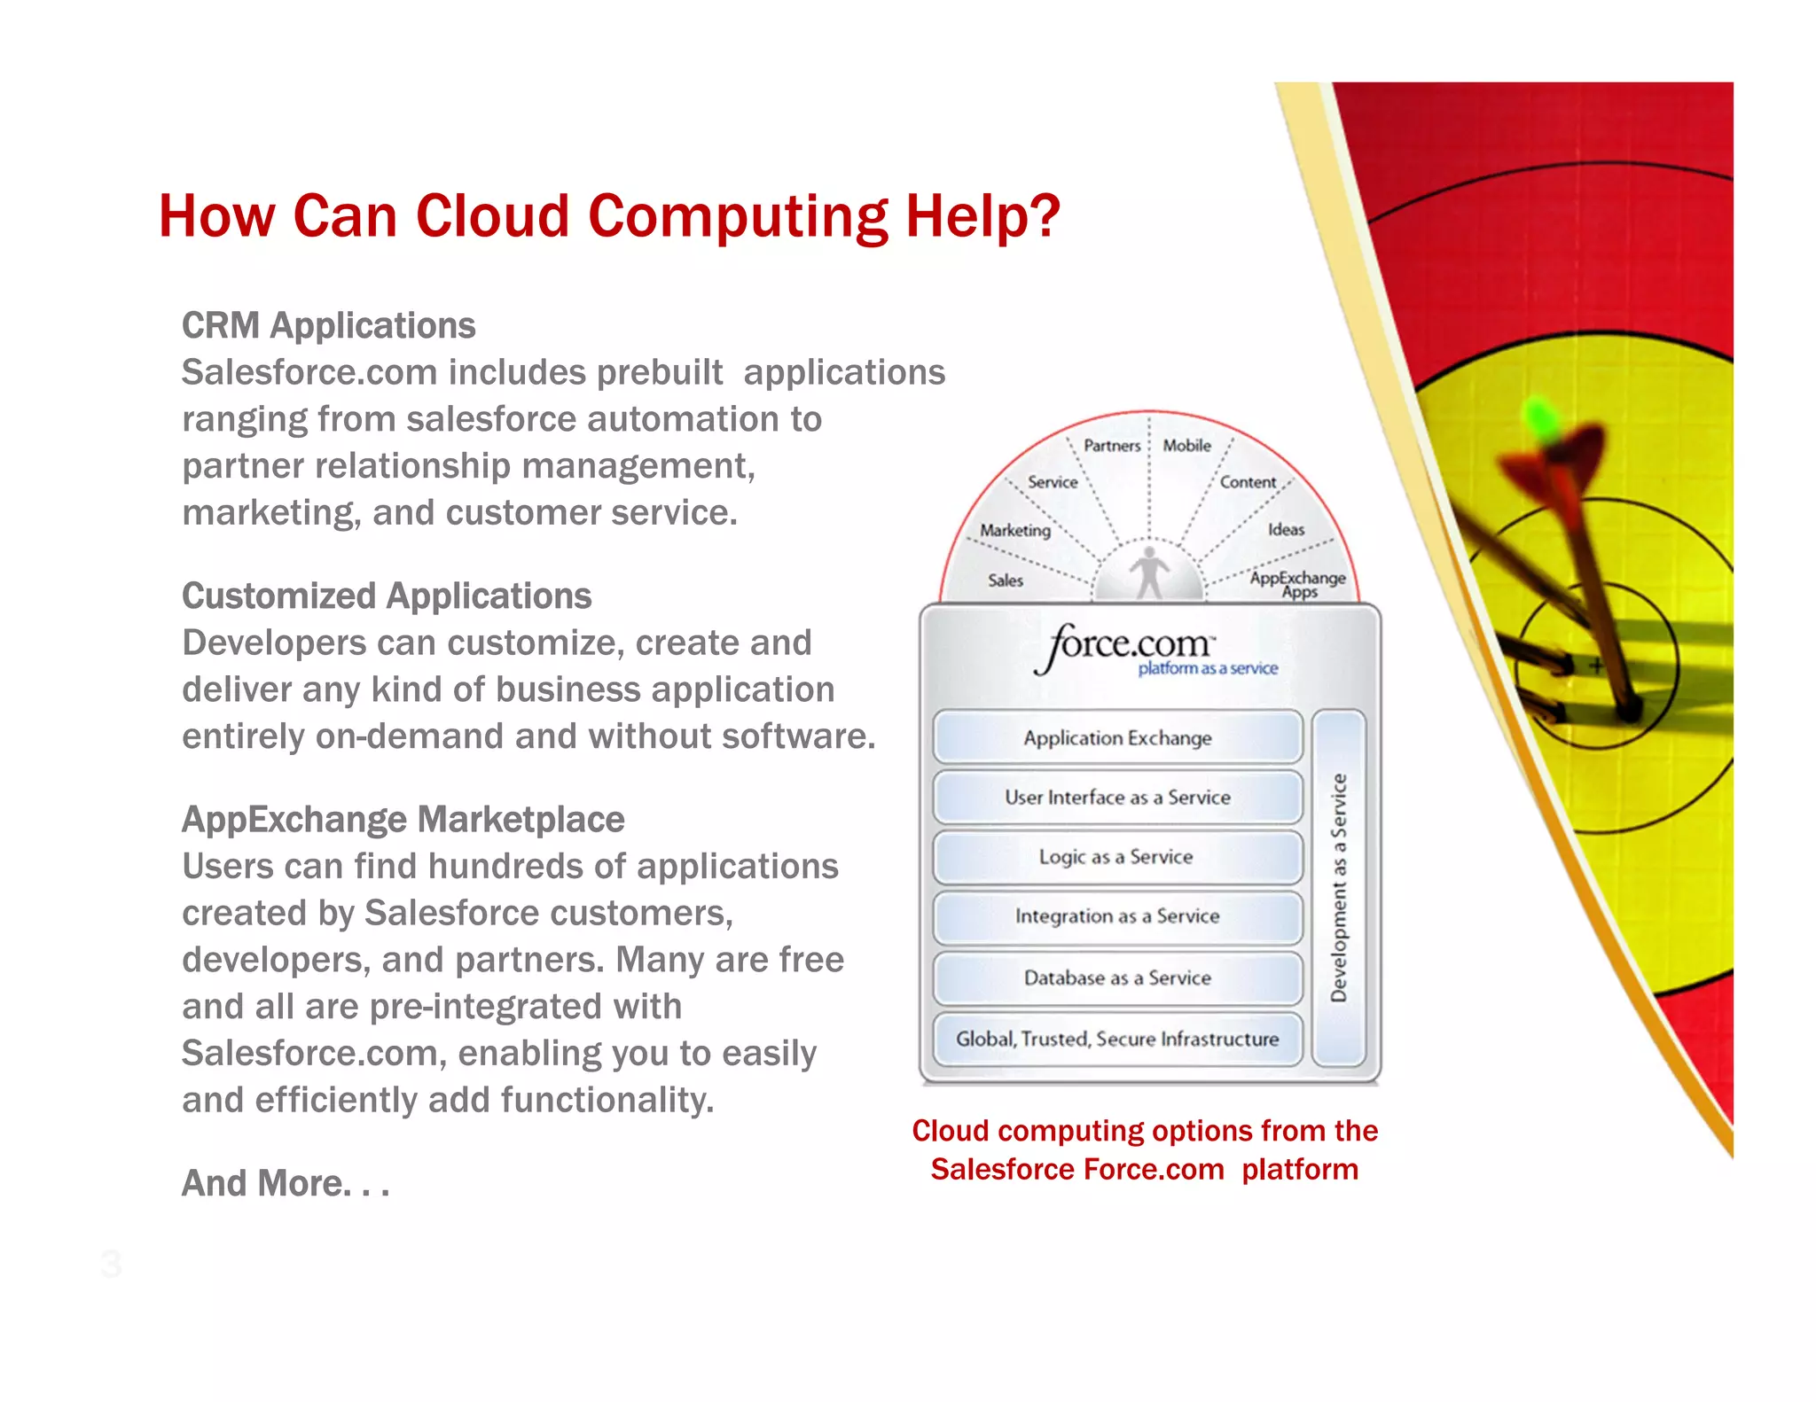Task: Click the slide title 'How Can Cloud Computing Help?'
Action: coord(609,216)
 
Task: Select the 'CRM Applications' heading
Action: coord(328,325)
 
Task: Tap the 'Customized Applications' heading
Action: coord(387,596)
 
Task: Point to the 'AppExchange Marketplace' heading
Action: coord(403,819)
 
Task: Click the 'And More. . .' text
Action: coord(285,1182)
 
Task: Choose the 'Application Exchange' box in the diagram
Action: coord(1117,737)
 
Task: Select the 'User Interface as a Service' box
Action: coord(1117,797)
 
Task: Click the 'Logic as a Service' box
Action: coord(1116,857)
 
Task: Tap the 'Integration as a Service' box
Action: coord(1117,916)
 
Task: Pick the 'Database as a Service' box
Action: coord(1117,978)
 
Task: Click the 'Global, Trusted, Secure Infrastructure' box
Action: coord(1117,1039)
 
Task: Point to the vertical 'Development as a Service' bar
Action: coord(1339,887)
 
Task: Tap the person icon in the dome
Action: coord(1149,572)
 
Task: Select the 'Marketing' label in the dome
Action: coord(1015,530)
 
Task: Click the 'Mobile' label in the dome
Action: coord(1186,446)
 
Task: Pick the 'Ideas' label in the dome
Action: coord(1286,529)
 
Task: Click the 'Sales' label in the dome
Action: coord(1006,580)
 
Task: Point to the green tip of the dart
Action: coord(1542,420)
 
